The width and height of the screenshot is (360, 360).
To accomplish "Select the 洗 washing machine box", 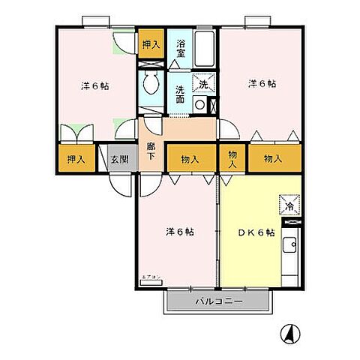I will [200, 85].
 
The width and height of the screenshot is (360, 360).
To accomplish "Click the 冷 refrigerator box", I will [290, 203].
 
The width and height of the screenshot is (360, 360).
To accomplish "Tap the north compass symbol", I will [289, 332].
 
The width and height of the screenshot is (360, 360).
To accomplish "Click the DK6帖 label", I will [257, 232].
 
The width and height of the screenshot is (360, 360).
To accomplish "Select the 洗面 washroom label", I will [180, 94].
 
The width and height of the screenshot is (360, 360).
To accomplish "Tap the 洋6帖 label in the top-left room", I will [95, 85].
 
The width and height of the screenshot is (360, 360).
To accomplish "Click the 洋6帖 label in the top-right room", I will [262, 83].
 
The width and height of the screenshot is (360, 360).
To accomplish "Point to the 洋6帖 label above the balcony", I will [180, 232].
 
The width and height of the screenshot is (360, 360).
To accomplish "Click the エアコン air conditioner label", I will [150, 278].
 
